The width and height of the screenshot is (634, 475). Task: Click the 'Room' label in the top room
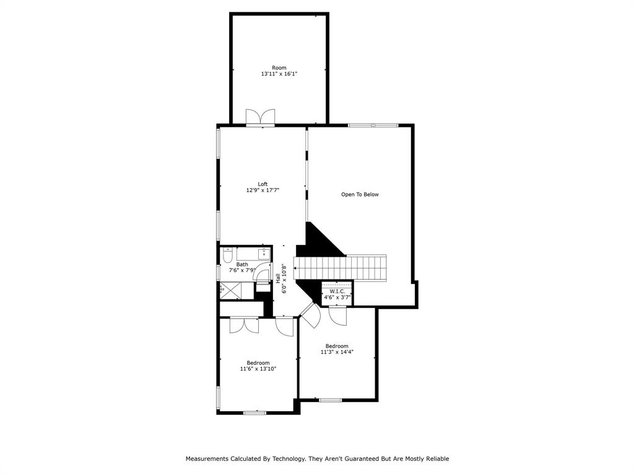pos(279,67)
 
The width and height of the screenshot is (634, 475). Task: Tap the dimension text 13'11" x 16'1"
pos(279,74)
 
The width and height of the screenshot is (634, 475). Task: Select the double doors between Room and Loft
pos(260,118)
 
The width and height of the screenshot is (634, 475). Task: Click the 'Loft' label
pos(263,184)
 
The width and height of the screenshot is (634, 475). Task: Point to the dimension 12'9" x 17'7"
pos(263,190)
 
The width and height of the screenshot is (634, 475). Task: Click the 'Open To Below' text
pos(360,194)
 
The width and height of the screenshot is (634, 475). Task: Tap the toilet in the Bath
pos(227,255)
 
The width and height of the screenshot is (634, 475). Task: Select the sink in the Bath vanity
pos(264,253)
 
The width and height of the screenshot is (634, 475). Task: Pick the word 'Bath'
pos(241,264)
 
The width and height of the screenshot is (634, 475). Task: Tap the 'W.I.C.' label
pos(337,291)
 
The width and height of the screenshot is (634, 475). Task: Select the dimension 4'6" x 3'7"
pos(337,297)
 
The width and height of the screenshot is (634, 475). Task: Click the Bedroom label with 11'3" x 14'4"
pos(337,346)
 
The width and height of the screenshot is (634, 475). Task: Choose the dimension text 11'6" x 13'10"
pos(258,369)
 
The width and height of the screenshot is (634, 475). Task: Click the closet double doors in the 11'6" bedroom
pos(244,325)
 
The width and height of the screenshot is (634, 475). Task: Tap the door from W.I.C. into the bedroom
pos(338,315)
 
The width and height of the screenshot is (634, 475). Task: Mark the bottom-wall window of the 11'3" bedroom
pos(330,400)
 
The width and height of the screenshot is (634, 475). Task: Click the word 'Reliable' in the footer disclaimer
pos(436,459)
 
